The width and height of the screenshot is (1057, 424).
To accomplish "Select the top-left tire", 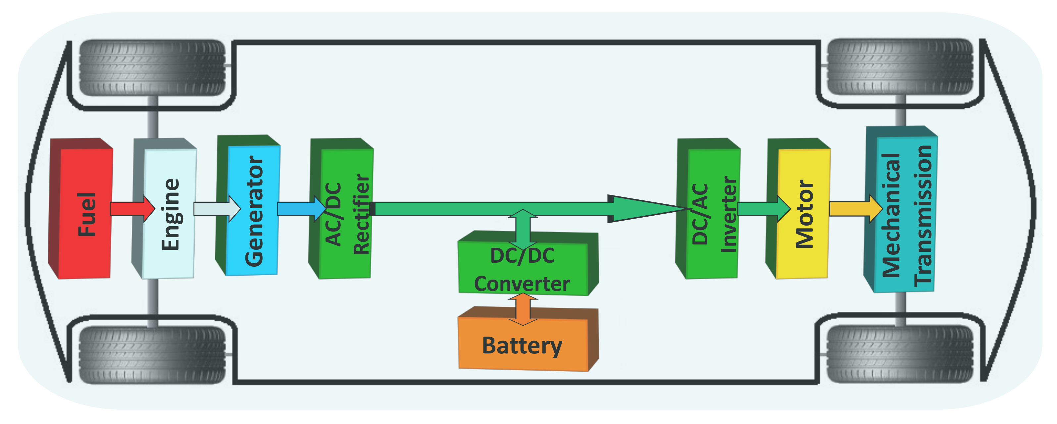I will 152,68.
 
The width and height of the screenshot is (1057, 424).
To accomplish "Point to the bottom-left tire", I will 152,355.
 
